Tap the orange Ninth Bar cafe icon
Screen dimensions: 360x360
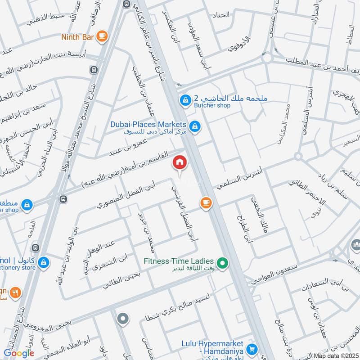pos(102,36)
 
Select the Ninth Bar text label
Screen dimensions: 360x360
pos(78,37)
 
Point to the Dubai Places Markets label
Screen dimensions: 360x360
pos(148,124)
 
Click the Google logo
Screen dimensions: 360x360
pos(19,353)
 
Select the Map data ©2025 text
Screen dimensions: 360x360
pos(336,356)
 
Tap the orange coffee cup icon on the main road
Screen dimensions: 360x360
pos(206,203)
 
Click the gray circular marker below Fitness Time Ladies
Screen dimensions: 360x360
pos(123,319)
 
